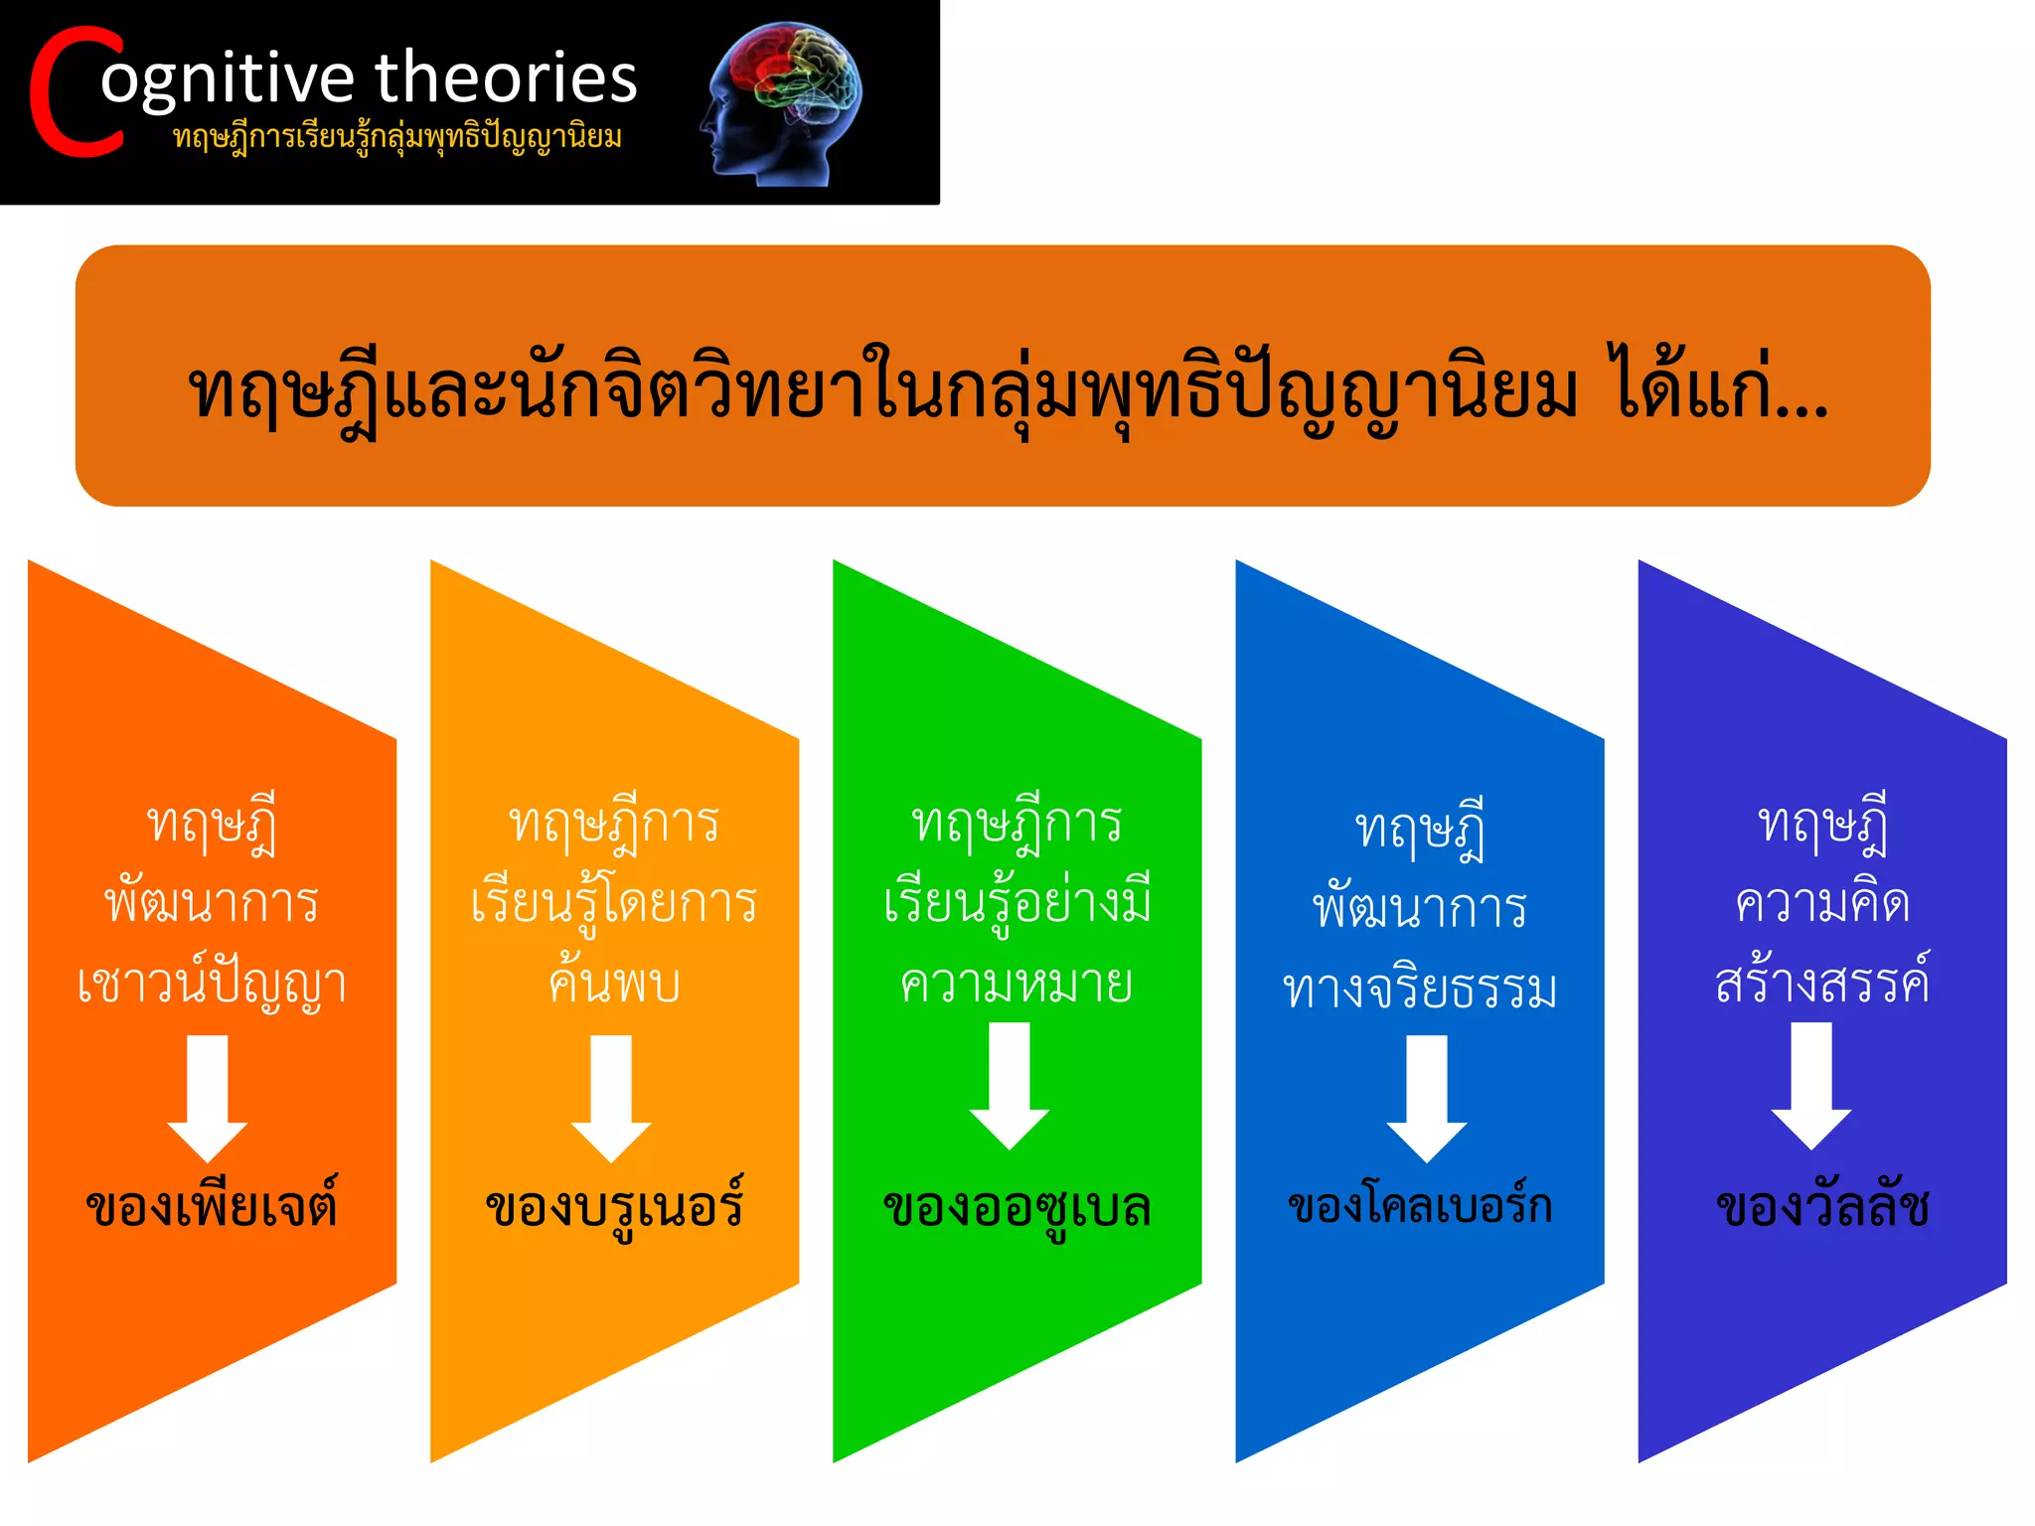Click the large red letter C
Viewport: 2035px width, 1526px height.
(76, 94)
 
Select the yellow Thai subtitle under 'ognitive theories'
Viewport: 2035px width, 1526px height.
(397, 136)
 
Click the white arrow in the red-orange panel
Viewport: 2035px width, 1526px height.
(208, 1097)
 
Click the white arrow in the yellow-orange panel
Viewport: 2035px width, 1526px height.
(611, 1097)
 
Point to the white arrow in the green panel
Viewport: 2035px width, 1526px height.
(1010, 1085)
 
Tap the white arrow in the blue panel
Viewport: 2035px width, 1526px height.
(1427, 1097)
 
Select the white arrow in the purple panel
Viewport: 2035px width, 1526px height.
(1810, 1085)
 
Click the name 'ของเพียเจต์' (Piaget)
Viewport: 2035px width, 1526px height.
(212, 1206)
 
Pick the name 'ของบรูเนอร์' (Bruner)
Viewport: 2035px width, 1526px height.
(614, 1206)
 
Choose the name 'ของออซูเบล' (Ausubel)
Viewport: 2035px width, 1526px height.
(1017, 1208)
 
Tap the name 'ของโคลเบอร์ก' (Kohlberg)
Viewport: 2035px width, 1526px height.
(1420, 1206)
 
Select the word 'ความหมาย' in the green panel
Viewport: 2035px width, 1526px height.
(1017, 984)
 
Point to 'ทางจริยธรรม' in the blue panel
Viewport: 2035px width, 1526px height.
(1420, 989)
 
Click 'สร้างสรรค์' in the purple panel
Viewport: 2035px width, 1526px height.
(1822, 982)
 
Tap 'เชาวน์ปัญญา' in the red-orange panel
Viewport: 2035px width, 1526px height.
(212, 984)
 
